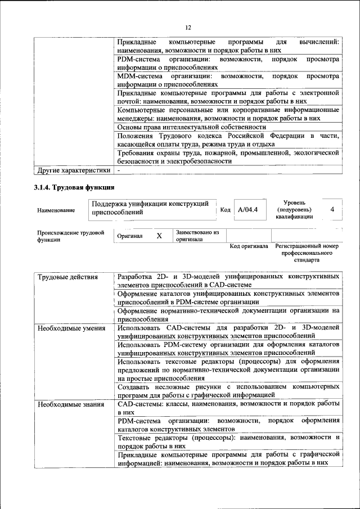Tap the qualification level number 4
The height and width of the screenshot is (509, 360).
click(332, 209)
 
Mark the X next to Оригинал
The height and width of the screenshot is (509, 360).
click(159, 236)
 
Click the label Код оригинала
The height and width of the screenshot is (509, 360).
click(249, 246)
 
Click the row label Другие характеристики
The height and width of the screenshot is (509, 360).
click(73, 169)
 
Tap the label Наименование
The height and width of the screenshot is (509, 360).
click(56, 210)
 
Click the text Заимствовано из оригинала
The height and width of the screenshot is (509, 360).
click(197, 235)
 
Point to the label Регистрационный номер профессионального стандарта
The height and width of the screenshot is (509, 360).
click(307, 253)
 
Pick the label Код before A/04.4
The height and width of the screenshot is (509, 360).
click(225, 210)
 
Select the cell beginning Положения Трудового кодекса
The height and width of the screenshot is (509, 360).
click(228, 140)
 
